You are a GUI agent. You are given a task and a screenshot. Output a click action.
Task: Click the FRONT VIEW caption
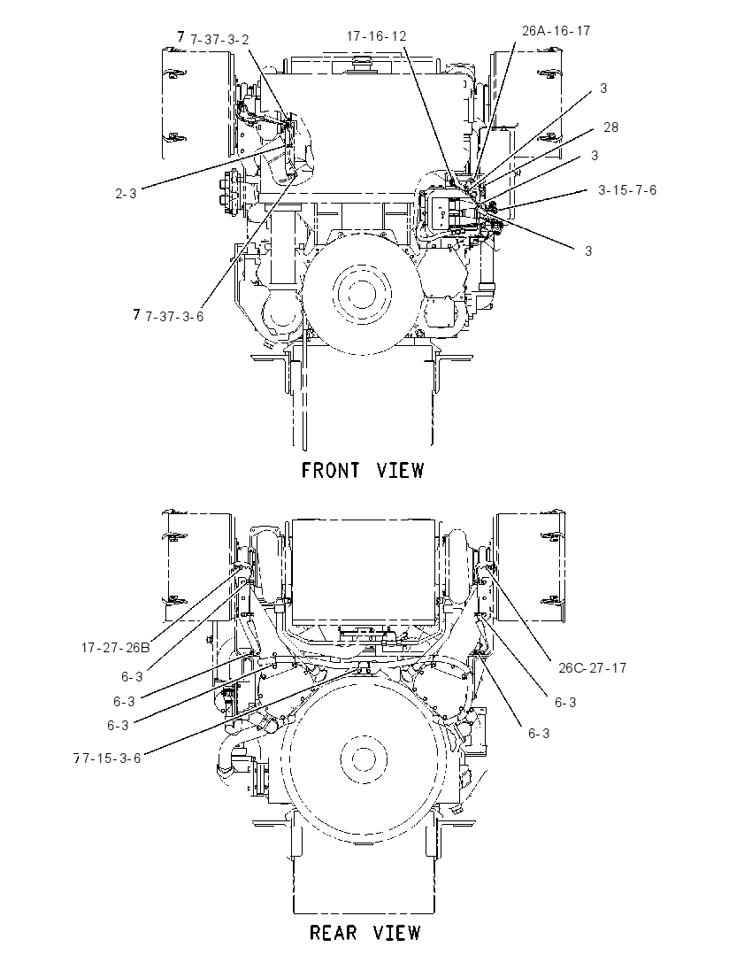coord(363,470)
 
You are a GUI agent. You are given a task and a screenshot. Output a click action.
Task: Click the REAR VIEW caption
coord(364,932)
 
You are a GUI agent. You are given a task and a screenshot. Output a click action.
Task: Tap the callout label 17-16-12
coord(376,36)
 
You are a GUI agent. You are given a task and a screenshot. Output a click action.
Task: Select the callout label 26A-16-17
coord(556,30)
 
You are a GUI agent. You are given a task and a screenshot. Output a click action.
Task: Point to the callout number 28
coord(611,127)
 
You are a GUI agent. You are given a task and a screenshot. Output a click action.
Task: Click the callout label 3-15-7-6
coord(626,190)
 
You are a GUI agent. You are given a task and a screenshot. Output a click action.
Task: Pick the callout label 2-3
coord(126,194)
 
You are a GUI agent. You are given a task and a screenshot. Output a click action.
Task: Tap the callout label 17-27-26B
coord(116,648)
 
